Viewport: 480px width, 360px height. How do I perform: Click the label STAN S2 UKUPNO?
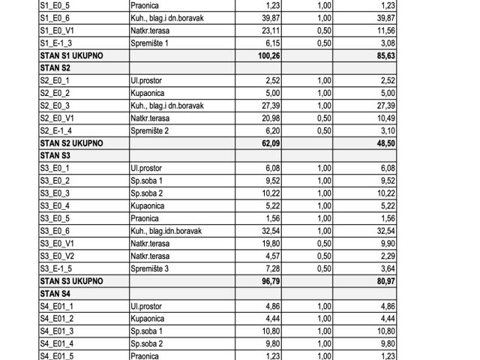pos(72,142)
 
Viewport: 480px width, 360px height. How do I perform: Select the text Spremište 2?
pos(152,130)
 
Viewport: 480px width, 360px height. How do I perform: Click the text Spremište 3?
pos(152,268)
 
